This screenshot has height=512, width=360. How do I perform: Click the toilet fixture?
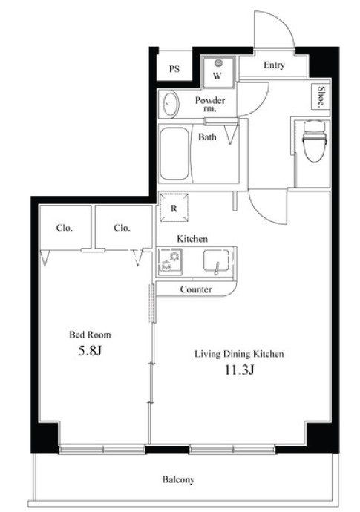pos(315,140)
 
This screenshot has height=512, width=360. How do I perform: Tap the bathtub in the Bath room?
pos(174,154)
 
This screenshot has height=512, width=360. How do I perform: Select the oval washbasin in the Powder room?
pos(171,103)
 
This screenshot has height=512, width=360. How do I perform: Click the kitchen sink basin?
pos(216,260)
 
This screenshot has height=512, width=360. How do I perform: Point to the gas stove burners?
pos(170,260)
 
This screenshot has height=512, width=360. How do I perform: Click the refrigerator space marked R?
pos(174,208)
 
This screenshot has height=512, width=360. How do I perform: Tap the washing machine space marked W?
pos(218,72)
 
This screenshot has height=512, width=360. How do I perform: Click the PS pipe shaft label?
pos(174,69)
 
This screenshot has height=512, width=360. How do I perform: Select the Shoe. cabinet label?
pos(321,96)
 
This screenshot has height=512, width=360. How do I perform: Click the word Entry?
pos(274,65)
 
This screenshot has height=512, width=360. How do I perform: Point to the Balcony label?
pos(178,479)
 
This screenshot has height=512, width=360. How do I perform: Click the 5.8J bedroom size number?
pos(90,351)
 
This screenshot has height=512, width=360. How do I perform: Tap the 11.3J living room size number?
pos(239,370)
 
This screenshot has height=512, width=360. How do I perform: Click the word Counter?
pos(196,289)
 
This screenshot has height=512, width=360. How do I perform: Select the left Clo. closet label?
pos(64,228)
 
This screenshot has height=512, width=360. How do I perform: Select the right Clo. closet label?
pos(122,228)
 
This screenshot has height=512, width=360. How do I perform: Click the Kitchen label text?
pos(192,239)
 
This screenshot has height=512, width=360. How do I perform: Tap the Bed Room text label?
pos(90,335)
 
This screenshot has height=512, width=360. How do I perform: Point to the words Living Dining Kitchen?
pos(239,354)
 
